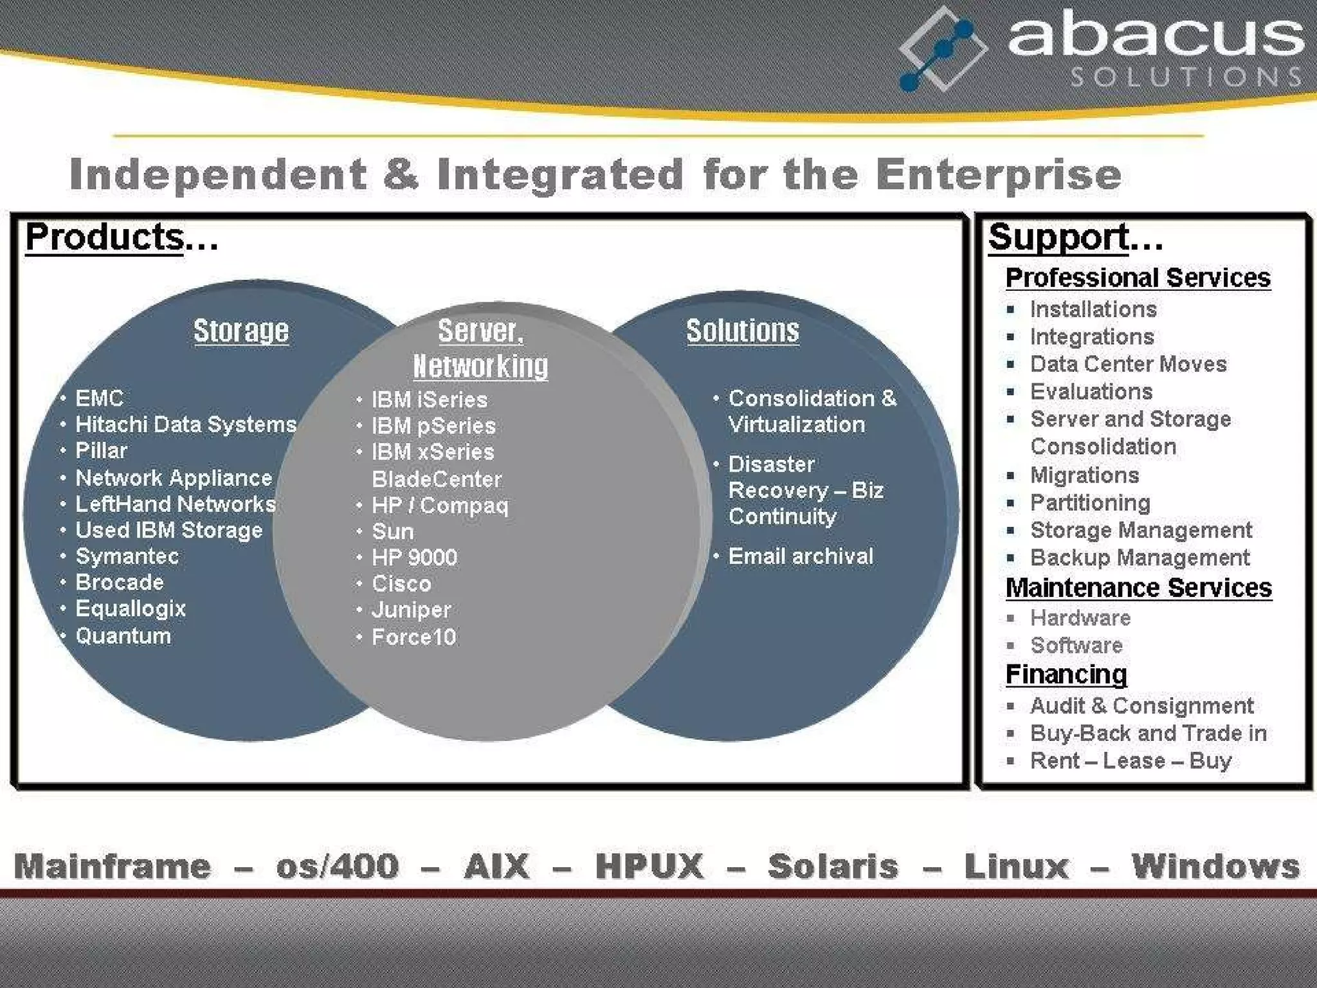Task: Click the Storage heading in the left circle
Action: pyautogui.click(x=241, y=331)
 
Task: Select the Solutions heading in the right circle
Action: pyautogui.click(x=742, y=331)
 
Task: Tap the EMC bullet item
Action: pyautogui.click(x=99, y=398)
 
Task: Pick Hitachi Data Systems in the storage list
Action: pyautogui.click(x=186, y=425)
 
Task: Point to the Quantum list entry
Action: pyautogui.click(x=123, y=636)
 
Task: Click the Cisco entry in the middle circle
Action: pyautogui.click(x=401, y=583)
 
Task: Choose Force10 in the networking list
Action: pyautogui.click(x=413, y=637)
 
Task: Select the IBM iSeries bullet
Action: pyautogui.click(x=429, y=399)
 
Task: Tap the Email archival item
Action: pyautogui.click(x=800, y=556)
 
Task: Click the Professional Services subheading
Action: pyautogui.click(x=1138, y=278)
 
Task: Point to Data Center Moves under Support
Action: pyautogui.click(x=1128, y=364)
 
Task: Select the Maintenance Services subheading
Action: pyautogui.click(x=1138, y=588)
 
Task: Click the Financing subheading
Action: pyautogui.click(x=1066, y=675)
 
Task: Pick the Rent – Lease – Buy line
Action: pyautogui.click(x=1131, y=761)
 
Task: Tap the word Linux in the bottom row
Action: pyautogui.click(x=1016, y=866)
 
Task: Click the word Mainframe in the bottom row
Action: pyautogui.click(x=113, y=866)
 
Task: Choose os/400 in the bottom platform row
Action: pyautogui.click(x=337, y=866)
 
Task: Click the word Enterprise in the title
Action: pyautogui.click(x=998, y=175)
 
